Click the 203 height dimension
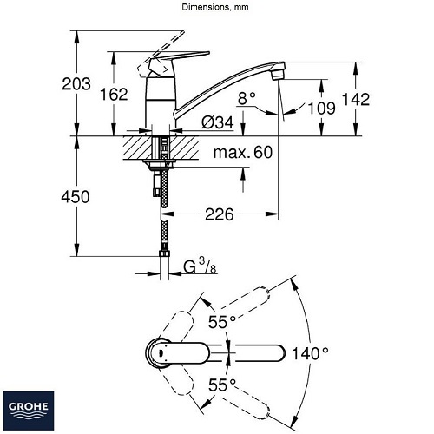(x=76, y=84)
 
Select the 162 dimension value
(x=114, y=95)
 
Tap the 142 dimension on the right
(x=356, y=99)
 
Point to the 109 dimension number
(x=321, y=108)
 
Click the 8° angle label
(x=247, y=98)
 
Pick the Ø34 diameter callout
(x=218, y=123)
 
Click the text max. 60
(x=243, y=152)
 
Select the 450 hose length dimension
(x=76, y=197)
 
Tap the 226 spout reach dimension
(x=219, y=214)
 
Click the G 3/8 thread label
(x=201, y=266)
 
